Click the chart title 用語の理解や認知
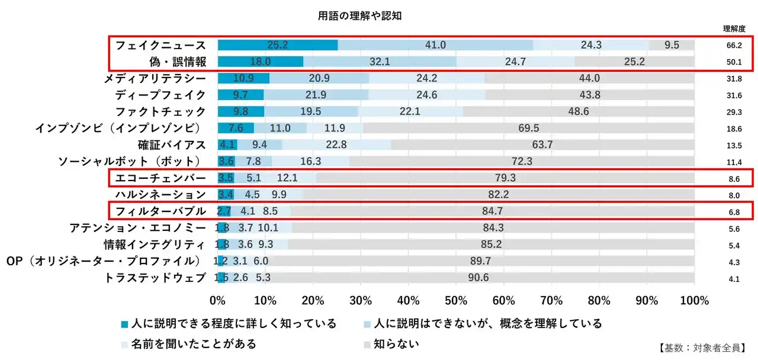(x=359, y=16)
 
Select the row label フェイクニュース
(x=160, y=45)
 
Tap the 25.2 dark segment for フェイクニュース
(x=277, y=45)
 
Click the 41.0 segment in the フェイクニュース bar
(x=435, y=45)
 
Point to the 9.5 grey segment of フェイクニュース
(x=672, y=45)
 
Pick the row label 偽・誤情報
(x=178, y=62)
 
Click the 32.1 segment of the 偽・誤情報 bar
(x=380, y=62)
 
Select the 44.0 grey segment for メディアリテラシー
(x=589, y=78)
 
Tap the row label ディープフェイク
(x=160, y=95)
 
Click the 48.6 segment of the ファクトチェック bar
(x=579, y=111)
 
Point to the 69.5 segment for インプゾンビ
(x=528, y=128)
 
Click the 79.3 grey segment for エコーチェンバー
(x=505, y=178)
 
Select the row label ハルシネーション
(x=160, y=194)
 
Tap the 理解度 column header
(x=734, y=28)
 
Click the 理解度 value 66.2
(x=734, y=45)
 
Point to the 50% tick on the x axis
(x=456, y=300)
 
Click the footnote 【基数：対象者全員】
(x=701, y=348)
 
